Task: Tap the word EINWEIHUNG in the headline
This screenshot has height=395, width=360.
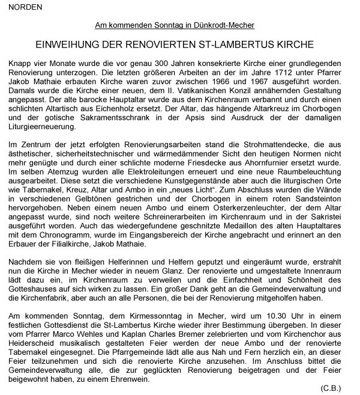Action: click(x=72, y=46)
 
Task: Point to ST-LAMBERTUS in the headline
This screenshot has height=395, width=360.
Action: click(x=259, y=46)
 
